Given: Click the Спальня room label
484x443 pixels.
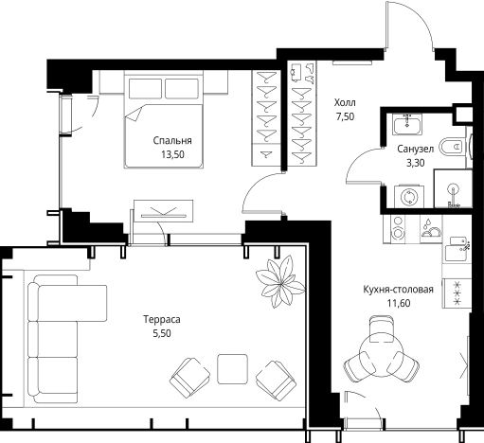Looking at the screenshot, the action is tap(172, 141).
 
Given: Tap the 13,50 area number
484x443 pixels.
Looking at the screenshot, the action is tap(172, 154).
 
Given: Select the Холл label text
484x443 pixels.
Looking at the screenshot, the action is tap(345, 102).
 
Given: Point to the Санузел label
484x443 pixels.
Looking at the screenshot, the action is tap(415, 149).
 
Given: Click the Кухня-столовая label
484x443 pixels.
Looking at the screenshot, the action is tap(398, 290).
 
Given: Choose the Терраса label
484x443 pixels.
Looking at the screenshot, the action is tap(162, 319).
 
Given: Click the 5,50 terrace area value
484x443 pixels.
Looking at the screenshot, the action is tap(162, 333).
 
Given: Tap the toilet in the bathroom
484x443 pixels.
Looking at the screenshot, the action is tap(454, 147).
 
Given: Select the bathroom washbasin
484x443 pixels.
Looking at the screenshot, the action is tap(407, 124).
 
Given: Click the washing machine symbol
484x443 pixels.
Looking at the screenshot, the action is tap(409, 196).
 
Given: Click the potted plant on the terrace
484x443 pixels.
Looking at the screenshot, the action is tap(280, 282).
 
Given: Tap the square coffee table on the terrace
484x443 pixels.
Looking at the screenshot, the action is tap(232, 369).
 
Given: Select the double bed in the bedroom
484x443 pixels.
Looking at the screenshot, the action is tap(163, 119).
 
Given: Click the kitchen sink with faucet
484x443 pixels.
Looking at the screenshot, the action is tap(457, 249).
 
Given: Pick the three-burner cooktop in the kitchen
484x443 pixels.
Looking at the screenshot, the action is tap(457, 293).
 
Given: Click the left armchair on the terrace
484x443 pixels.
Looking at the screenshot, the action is tap(189, 378).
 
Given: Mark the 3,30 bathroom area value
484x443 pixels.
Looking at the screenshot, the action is tap(415, 163).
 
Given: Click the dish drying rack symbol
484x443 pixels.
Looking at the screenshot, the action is tap(431, 228).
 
